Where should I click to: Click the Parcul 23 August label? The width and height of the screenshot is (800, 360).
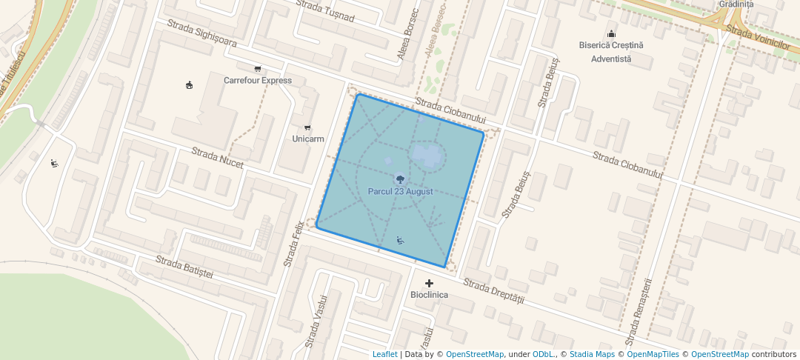pos(400,191)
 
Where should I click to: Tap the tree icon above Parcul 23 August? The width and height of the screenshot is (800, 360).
pos(400,179)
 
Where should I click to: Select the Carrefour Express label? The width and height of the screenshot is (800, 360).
pos(258,80)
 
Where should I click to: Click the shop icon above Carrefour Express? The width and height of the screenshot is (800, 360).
pos(258,68)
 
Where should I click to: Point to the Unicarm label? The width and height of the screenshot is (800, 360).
pos(308,139)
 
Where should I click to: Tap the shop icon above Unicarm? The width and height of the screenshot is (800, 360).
pos(308,127)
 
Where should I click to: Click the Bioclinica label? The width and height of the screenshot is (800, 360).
pos(429,295)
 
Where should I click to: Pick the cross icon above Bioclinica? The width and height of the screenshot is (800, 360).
pos(429,283)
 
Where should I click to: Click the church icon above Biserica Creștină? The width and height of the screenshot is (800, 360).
pos(611,33)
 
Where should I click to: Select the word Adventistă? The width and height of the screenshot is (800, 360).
pos(611,58)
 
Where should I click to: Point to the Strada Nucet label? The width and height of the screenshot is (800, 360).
pos(217,158)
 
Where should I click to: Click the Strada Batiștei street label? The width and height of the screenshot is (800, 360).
pos(184,267)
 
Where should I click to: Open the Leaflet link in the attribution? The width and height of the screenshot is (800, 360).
pos(384,354)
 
